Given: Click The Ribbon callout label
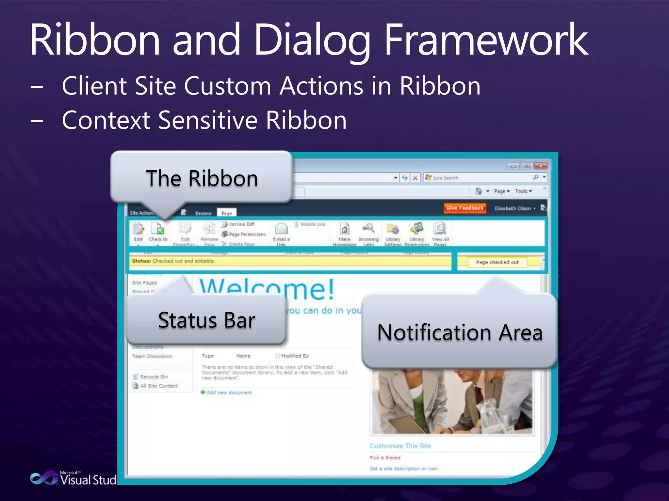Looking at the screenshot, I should [202, 178].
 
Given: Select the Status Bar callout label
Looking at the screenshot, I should [206, 320].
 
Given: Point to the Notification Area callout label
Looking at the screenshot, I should [460, 333].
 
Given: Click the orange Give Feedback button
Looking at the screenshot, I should [465, 208].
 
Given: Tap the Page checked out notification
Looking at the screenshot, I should [497, 262].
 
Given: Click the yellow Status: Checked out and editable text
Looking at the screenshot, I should [173, 261].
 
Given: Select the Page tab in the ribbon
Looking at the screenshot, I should [227, 213].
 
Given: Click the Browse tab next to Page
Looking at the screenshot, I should [204, 213].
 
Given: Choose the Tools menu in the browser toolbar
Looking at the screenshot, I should [523, 191].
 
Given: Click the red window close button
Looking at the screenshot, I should [541, 166].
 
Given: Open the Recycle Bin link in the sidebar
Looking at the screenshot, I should [154, 377].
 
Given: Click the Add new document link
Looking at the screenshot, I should [229, 392].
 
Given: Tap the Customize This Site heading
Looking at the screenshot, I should [400, 446].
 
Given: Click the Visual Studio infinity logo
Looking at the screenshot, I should [44, 478].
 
